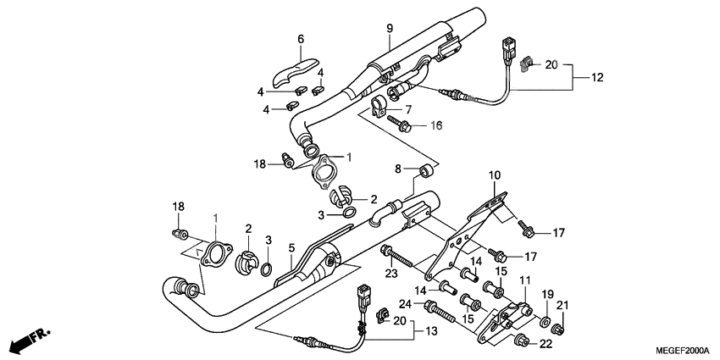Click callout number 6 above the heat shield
click(300, 39)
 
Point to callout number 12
click(597, 78)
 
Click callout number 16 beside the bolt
click(436, 125)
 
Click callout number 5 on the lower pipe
click(291, 247)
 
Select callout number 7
click(408, 110)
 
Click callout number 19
click(546, 305)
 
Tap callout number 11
click(524, 280)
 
